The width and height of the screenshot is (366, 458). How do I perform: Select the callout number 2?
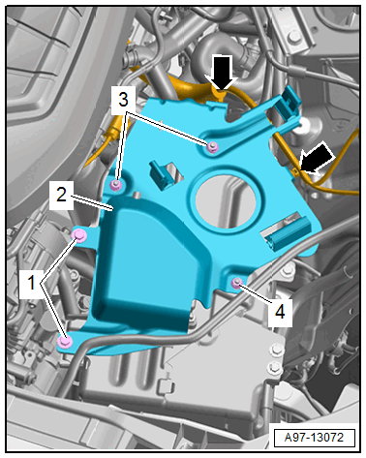pos(61,195)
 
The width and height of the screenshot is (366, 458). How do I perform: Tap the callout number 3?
pos(123,100)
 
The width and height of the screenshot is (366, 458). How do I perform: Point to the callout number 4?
pos(280,312)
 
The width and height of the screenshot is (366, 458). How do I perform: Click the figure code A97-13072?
pos(314,438)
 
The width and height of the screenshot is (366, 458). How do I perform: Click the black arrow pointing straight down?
pos(223,72)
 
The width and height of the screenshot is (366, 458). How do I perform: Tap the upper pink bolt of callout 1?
pos(79,235)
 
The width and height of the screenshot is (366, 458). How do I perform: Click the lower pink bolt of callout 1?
pos(64,341)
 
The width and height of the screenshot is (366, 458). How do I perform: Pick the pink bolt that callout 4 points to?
pos(237,283)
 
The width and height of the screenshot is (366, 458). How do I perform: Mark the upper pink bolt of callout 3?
pos(212,147)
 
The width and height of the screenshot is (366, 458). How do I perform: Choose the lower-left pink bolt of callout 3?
pos(116,185)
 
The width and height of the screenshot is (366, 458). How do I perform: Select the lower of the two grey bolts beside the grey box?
pos(275,366)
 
